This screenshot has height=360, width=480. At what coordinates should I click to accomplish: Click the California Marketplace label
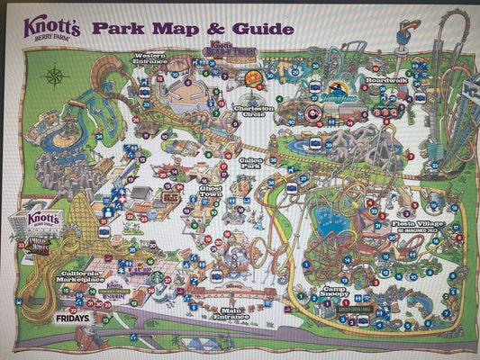point(89,276)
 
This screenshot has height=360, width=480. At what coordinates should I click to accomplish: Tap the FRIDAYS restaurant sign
point(71,318)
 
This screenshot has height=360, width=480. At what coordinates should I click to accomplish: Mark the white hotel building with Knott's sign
point(42,222)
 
